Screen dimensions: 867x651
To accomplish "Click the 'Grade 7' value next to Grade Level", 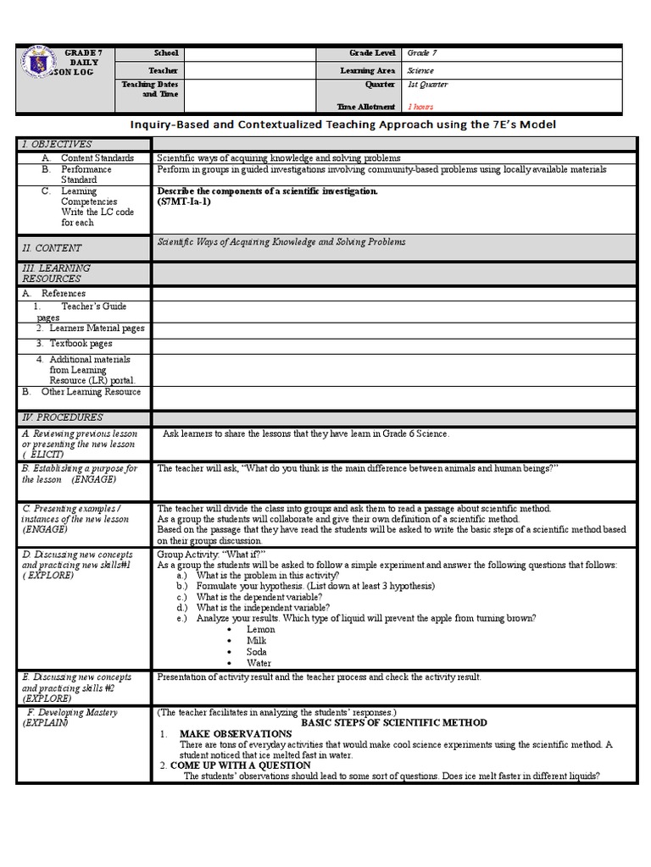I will pyautogui.click(x=422, y=52).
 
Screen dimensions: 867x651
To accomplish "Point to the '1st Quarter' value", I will pyautogui.click(x=428, y=85).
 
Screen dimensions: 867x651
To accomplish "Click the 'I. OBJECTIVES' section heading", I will pyautogui.click(x=57, y=144).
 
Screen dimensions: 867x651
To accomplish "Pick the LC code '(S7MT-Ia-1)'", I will pyautogui.click(x=184, y=202).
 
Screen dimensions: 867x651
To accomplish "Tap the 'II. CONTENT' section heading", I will pyautogui.click(x=53, y=248).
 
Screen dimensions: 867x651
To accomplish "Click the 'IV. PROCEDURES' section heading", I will pyautogui.click(x=62, y=417).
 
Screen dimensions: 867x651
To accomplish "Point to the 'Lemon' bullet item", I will pyautogui.click(x=260, y=629).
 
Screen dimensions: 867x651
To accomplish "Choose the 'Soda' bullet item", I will pyautogui.click(x=257, y=652).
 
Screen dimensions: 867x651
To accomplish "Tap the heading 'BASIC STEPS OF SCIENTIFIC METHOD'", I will pyautogui.click(x=394, y=722).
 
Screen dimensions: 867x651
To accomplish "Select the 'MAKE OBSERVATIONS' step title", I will pyautogui.click(x=235, y=732).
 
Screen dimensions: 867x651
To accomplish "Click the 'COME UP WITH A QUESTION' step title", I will pyautogui.click(x=241, y=765).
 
